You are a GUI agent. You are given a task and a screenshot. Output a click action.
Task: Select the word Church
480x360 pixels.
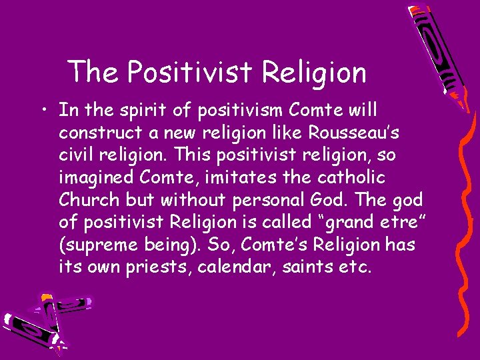coord(85,201)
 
